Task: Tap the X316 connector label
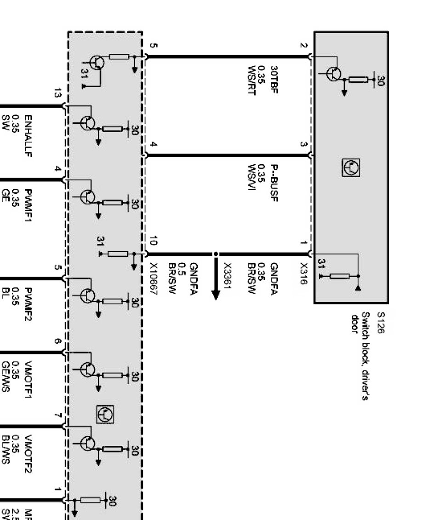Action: point(303,273)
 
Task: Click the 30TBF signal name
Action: point(274,76)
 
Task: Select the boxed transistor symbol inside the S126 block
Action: point(351,168)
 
